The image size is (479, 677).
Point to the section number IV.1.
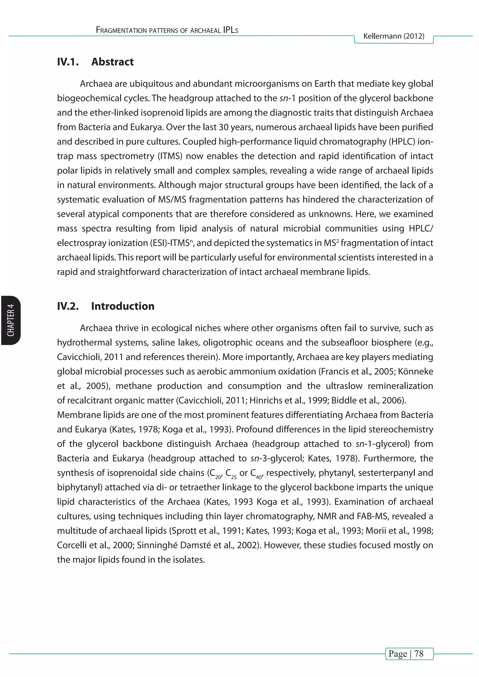pyautogui.click(x=68, y=62)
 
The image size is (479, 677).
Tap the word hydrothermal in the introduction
pyautogui.click(x=82, y=343)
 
